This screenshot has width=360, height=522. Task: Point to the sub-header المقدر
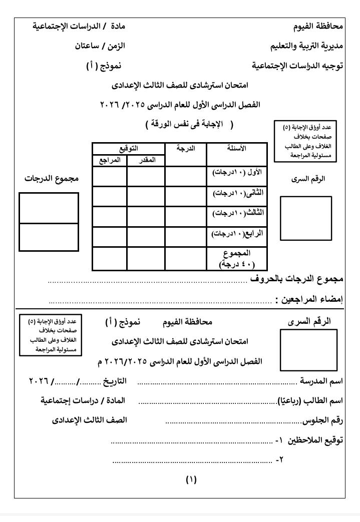click(146, 160)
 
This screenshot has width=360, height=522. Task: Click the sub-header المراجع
click(109, 160)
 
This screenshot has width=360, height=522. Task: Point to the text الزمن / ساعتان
click(100, 46)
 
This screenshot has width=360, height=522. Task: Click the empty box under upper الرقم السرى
click(305, 219)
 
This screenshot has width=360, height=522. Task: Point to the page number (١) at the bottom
click(191, 480)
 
